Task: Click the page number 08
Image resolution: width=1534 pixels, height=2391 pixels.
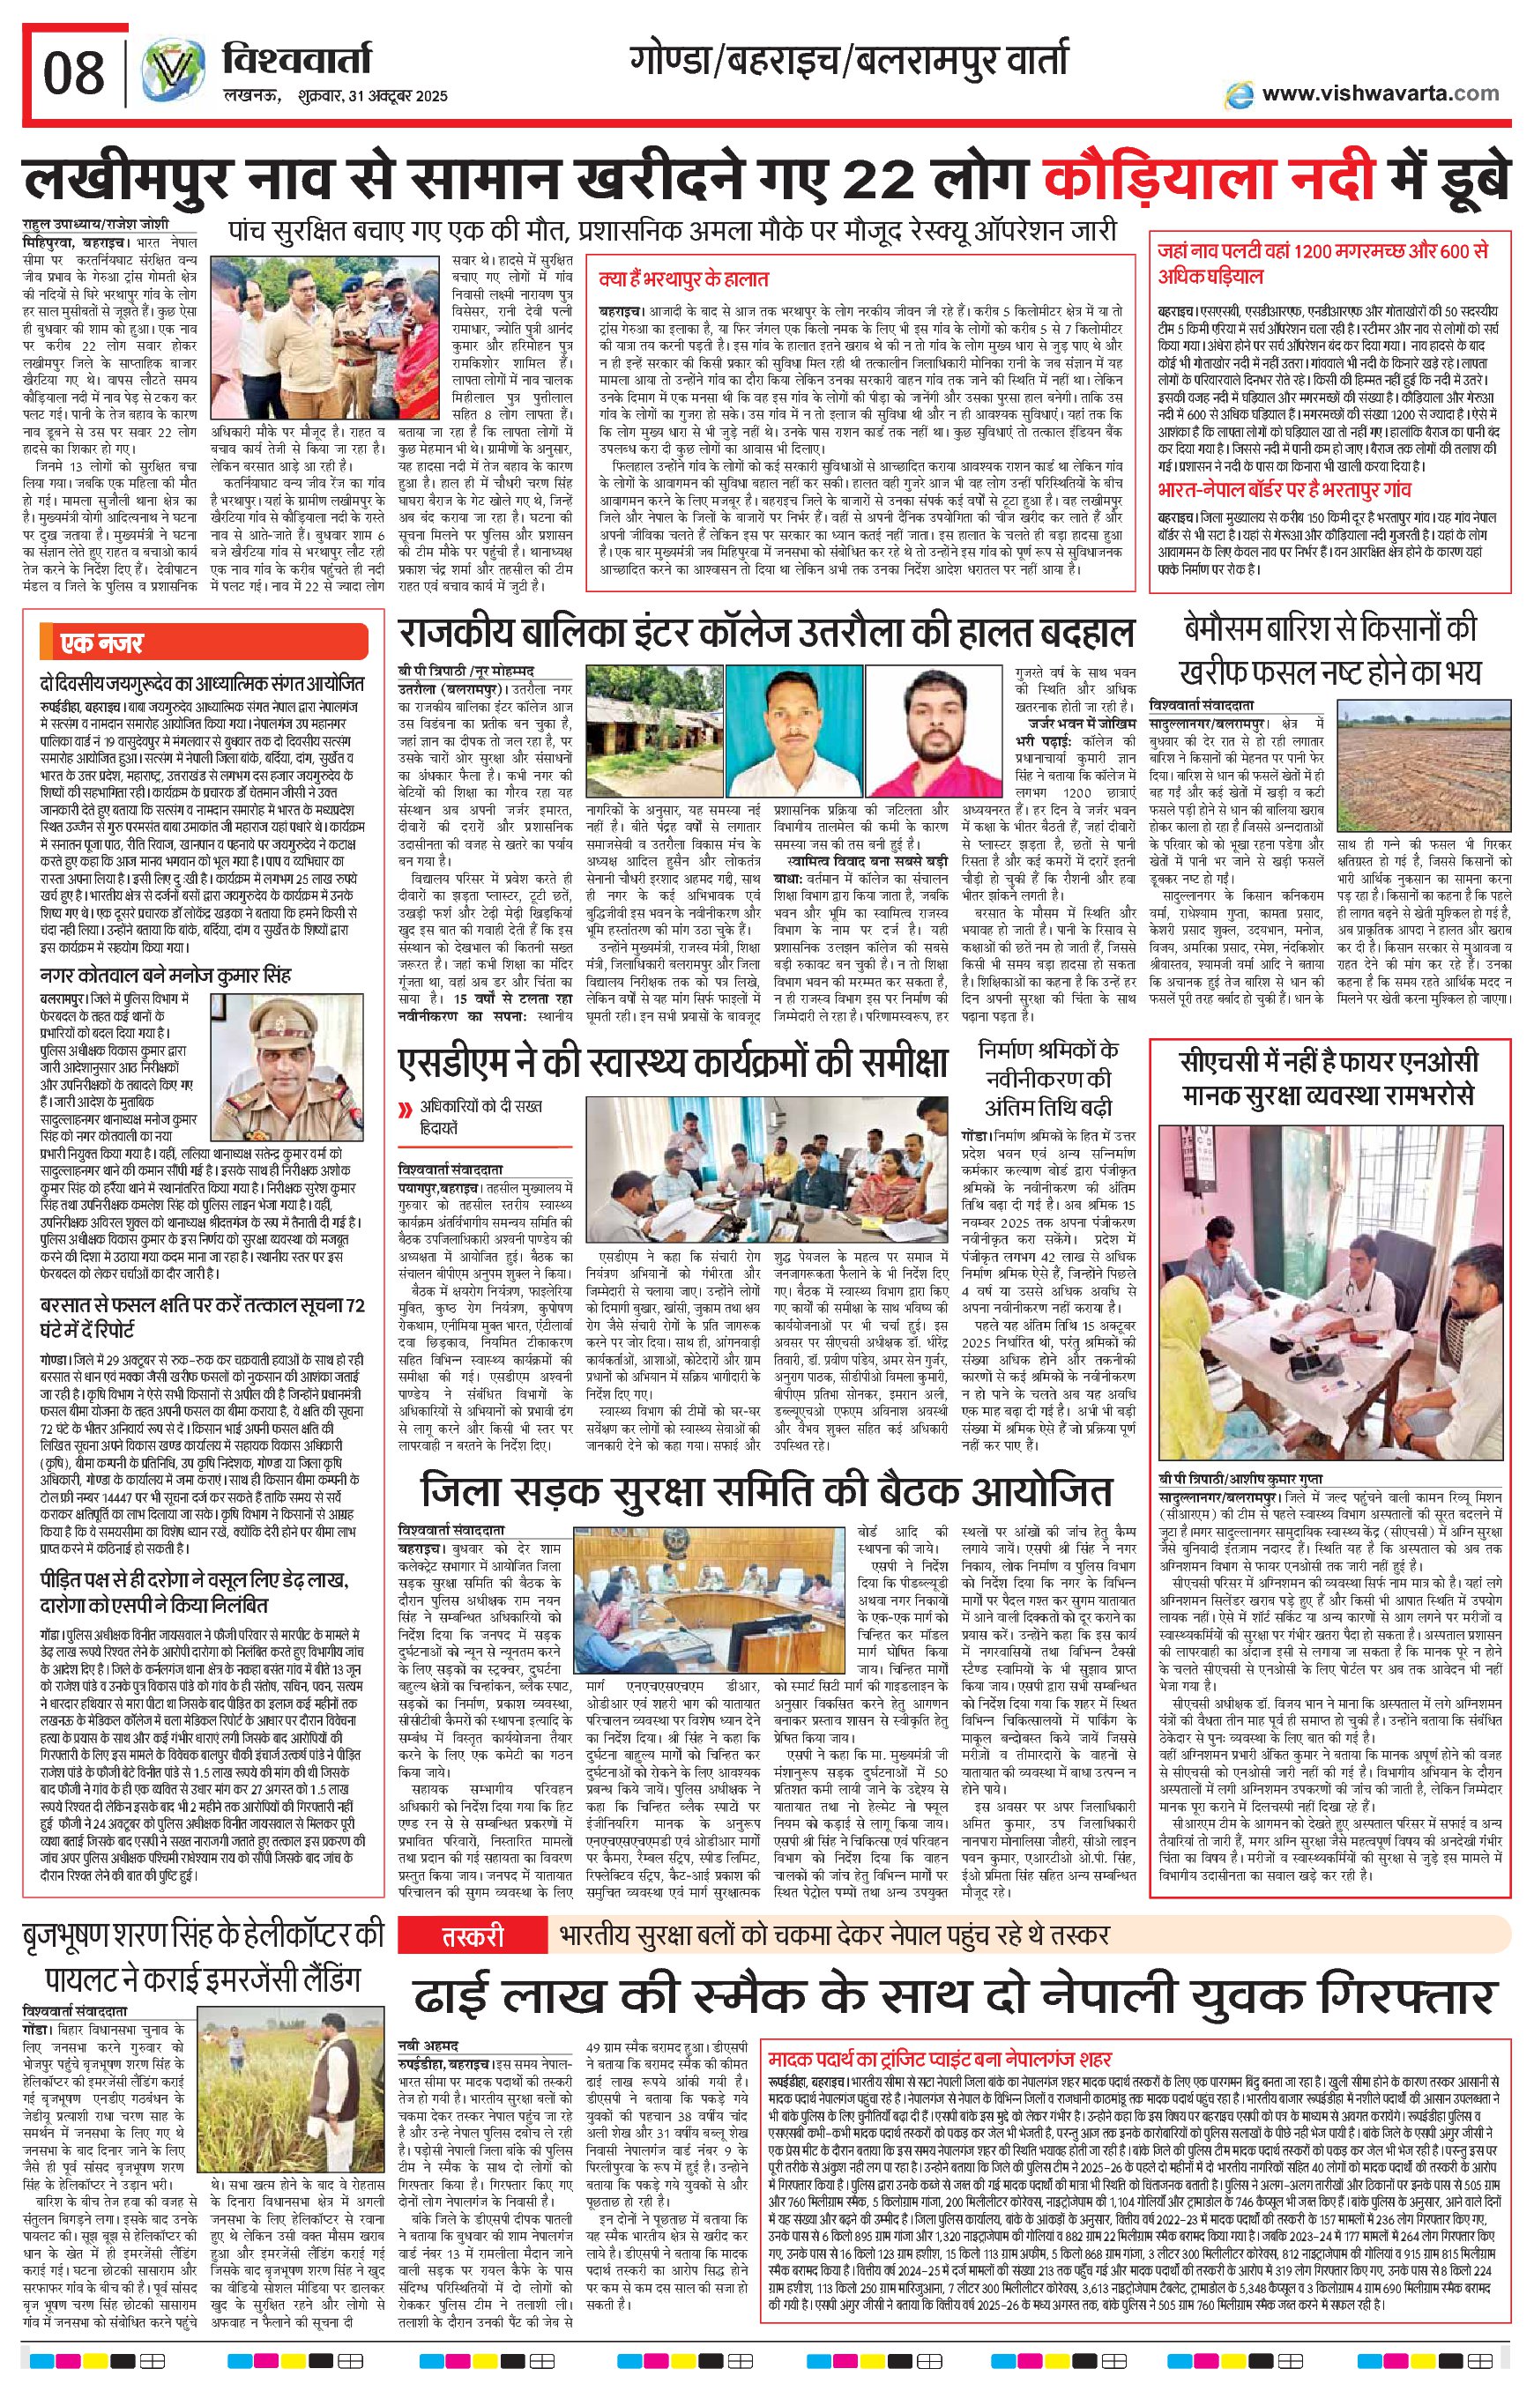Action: point(75,71)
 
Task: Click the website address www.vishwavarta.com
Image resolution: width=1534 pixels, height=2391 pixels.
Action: point(1380,93)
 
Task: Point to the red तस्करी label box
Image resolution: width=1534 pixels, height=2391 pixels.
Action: point(473,1937)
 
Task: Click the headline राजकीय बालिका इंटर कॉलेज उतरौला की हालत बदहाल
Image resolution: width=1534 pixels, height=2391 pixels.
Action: point(766,633)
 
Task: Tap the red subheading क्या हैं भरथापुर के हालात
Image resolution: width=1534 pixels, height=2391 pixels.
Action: point(683,278)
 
